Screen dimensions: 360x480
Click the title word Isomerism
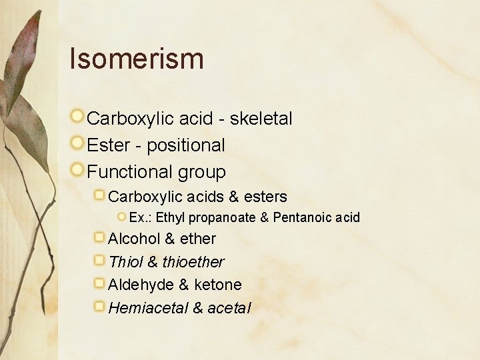click(137, 59)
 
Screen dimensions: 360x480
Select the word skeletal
click(261, 119)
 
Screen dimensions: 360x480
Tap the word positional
click(186, 145)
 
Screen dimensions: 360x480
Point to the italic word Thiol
click(125, 262)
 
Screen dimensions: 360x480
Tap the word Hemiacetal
click(147, 308)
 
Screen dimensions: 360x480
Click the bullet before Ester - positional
click(78, 143)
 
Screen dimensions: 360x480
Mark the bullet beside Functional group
click(78, 170)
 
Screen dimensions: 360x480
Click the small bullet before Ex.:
click(122, 217)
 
